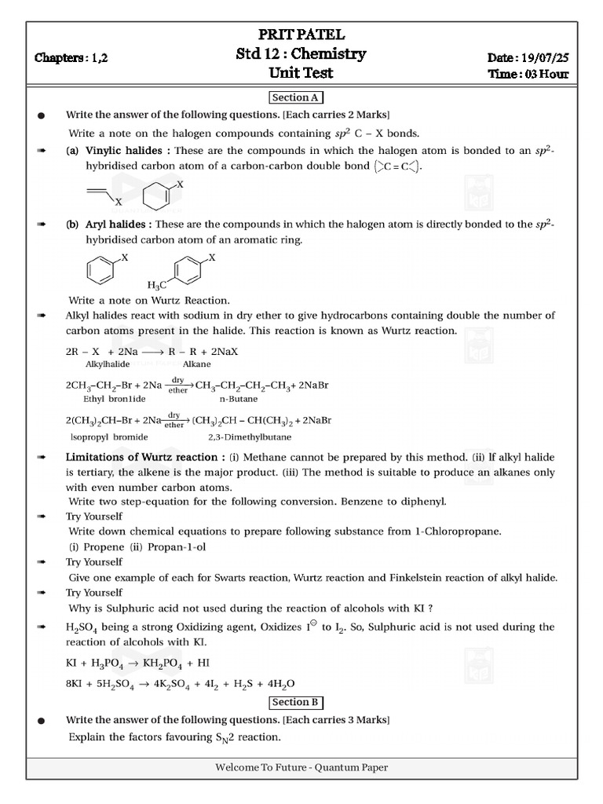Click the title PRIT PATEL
pyautogui.click(x=301, y=35)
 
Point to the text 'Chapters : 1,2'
pyautogui.click(x=71, y=58)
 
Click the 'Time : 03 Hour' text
pyautogui.click(x=528, y=75)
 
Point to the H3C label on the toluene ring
pyautogui.click(x=157, y=285)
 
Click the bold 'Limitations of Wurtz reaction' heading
pyautogui.click(x=141, y=457)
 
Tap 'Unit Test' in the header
pyautogui.click(x=301, y=73)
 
